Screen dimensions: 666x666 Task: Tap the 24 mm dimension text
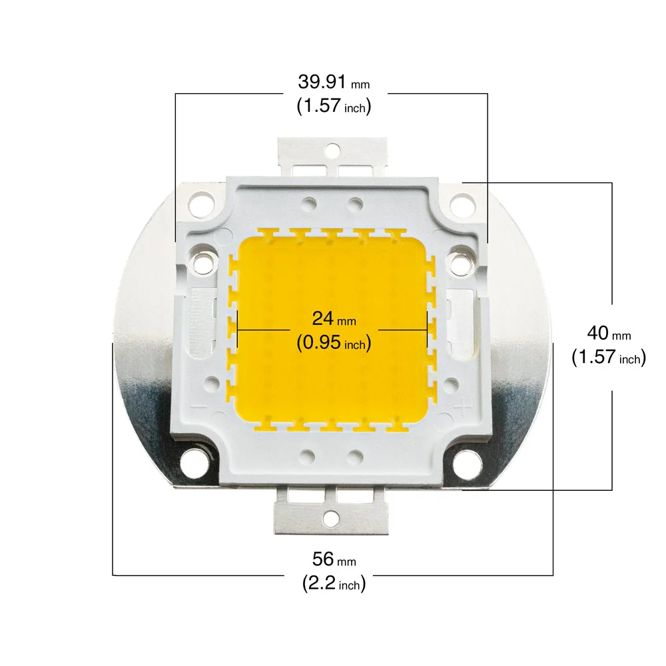pos(334,318)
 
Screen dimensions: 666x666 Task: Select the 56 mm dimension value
pos(334,559)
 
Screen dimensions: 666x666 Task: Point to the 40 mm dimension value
pos(609,333)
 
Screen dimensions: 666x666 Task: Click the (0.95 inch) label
pos(334,342)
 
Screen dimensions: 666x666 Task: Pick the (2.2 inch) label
pos(334,583)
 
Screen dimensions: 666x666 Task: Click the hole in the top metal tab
pos(332,150)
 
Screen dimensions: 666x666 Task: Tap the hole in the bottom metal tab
pos(331,518)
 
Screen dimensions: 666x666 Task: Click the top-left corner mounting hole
pos(201,202)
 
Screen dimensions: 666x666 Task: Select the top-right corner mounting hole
pos(462,203)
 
